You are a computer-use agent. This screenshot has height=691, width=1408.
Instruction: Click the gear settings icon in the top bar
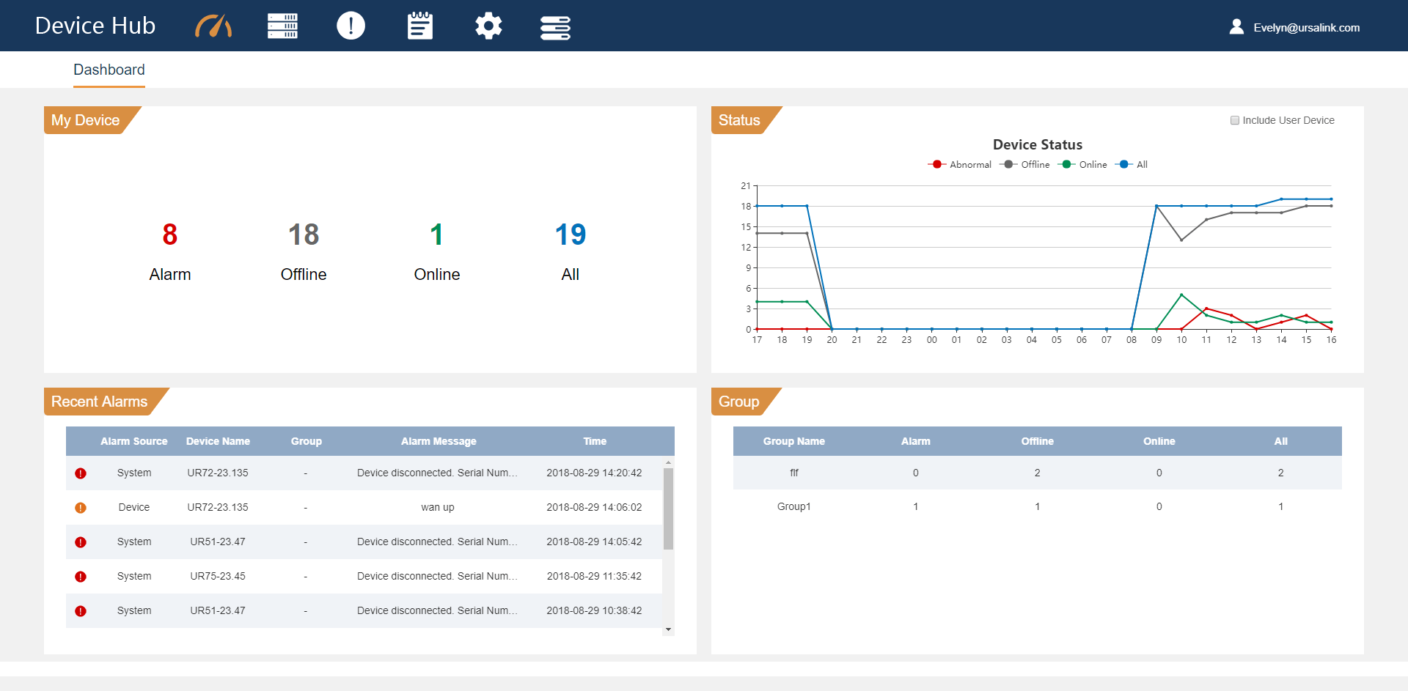pos(488,26)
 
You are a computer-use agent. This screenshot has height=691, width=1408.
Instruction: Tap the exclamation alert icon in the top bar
pos(351,26)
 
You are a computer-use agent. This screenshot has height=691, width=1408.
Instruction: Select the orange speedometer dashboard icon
pos(213,26)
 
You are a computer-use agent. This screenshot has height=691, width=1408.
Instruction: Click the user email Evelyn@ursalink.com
pos(1305,28)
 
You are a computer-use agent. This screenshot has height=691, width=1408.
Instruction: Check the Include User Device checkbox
pos(1235,120)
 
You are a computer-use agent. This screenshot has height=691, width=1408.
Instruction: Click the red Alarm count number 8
pos(170,234)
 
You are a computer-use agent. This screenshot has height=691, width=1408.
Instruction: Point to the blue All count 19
pos(571,234)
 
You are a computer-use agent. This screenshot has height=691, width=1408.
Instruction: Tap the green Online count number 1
pos(436,234)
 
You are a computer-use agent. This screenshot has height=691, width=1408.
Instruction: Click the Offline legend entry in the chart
pos(1025,165)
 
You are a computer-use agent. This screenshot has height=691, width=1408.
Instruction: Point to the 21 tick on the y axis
pos(745,186)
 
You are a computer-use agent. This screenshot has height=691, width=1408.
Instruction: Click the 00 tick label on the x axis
pos(931,340)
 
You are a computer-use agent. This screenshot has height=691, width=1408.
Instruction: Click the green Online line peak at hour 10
pos(1181,295)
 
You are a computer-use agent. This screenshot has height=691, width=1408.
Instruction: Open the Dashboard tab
pos(109,70)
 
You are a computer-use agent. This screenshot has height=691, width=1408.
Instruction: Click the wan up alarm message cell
pos(438,507)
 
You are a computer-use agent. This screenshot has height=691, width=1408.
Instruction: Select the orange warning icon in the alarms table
pos(81,508)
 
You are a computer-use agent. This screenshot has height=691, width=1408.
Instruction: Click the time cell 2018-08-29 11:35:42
pos(594,576)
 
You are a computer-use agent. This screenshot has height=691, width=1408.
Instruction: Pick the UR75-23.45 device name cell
pos(218,576)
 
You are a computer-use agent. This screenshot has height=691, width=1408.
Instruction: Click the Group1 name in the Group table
pos(793,506)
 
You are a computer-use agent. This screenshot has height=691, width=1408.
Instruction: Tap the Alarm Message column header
pos(439,441)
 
